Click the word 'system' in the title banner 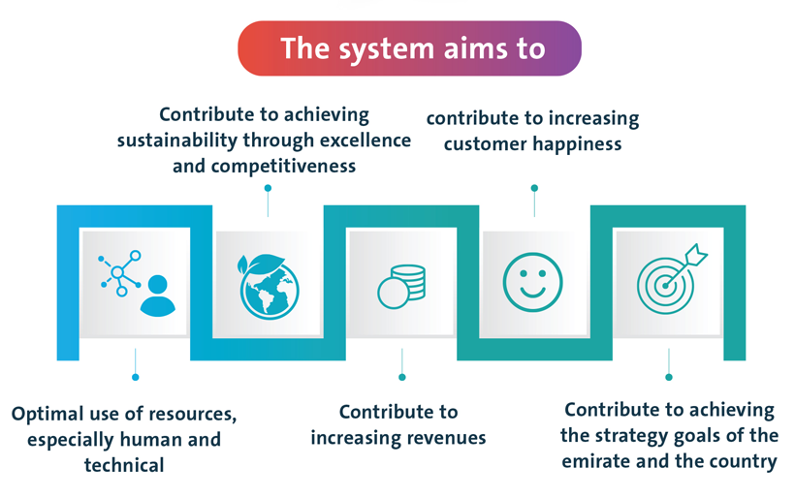click(385, 50)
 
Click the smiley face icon click(533, 282)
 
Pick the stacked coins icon click(401, 287)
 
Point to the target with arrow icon click(672, 279)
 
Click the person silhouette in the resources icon click(158, 296)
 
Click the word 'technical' click(124, 465)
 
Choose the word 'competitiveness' click(283, 167)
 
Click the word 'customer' click(485, 145)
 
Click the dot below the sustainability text click(268, 188)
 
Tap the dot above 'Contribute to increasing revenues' click(402, 377)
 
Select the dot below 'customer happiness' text click(534, 188)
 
